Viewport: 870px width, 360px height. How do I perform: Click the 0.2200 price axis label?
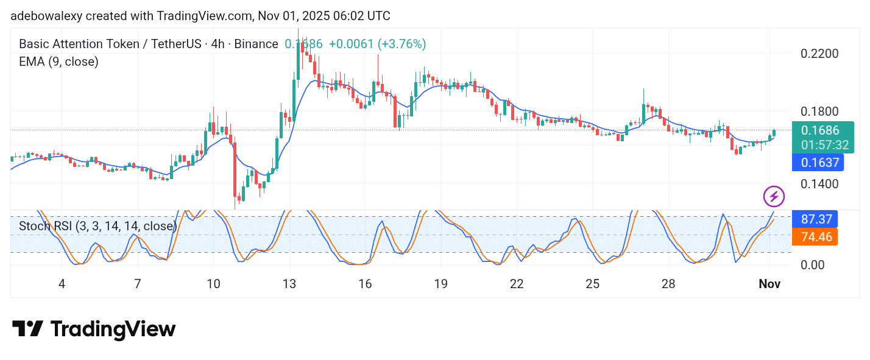[x=819, y=54]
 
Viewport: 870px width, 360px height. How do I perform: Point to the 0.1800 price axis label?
[x=819, y=112]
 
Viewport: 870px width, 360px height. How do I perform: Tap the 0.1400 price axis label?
[x=819, y=184]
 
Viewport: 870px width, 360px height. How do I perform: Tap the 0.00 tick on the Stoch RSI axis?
[x=814, y=264]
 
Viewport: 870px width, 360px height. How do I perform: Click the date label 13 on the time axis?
[x=289, y=284]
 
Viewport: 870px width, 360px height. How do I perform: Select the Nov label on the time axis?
[x=769, y=284]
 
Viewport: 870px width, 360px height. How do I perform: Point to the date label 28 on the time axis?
[x=668, y=284]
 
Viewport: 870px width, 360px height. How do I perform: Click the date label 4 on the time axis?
[x=62, y=284]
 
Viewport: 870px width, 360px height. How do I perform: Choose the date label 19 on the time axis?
[x=440, y=284]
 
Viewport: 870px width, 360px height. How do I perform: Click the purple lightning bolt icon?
[x=774, y=196]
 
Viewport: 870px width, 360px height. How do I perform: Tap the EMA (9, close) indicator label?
[x=58, y=62]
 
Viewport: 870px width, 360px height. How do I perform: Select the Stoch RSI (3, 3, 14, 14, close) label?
[x=97, y=226]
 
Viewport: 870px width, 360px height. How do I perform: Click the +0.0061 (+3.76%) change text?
[x=377, y=44]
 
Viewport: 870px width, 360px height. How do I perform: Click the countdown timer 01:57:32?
[x=824, y=145]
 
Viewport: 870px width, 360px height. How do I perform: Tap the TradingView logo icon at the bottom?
[x=27, y=330]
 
